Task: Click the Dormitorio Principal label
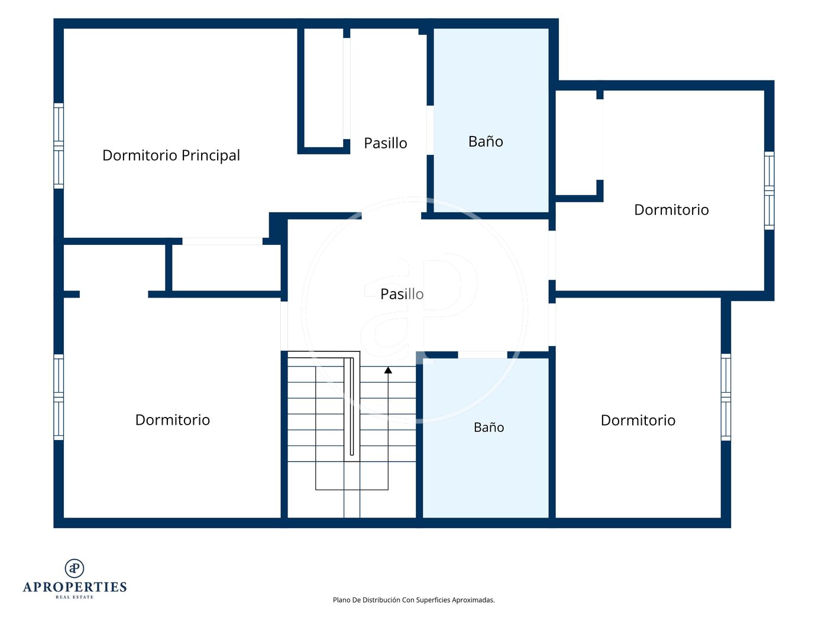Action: [171, 156]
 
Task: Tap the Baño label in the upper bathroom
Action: [486, 141]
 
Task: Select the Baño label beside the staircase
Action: [489, 427]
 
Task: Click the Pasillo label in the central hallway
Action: [402, 294]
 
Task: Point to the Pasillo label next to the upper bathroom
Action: [385, 143]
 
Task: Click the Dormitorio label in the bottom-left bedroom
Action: [172, 420]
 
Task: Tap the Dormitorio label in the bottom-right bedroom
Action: [638, 421]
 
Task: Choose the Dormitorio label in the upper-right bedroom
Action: [671, 210]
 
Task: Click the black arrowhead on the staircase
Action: [388, 370]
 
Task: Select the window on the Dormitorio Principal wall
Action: [59, 146]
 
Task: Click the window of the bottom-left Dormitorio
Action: [59, 397]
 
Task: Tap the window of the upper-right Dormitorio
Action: [769, 190]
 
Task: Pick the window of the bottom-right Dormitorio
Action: [726, 397]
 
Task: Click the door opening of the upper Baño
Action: [430, 130]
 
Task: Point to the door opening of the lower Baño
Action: [483, 355]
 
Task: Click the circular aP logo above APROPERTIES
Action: [75, 568]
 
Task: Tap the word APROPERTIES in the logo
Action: [75, 587]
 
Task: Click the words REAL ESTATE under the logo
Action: [75, 597]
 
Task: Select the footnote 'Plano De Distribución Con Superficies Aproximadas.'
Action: [414, 600]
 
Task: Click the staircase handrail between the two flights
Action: [351, 406]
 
